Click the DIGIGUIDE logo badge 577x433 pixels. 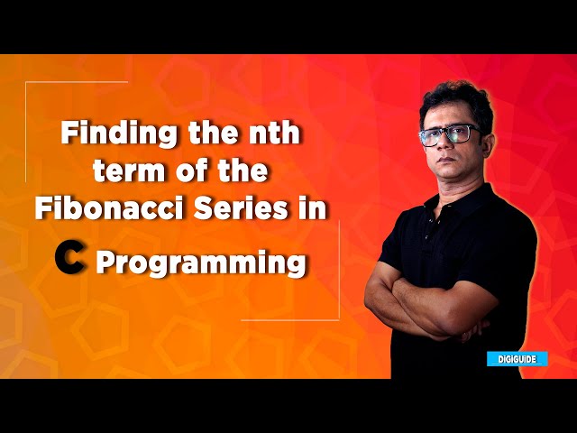(x=517, y=358)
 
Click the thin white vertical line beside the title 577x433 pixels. (x=339, y=271)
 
